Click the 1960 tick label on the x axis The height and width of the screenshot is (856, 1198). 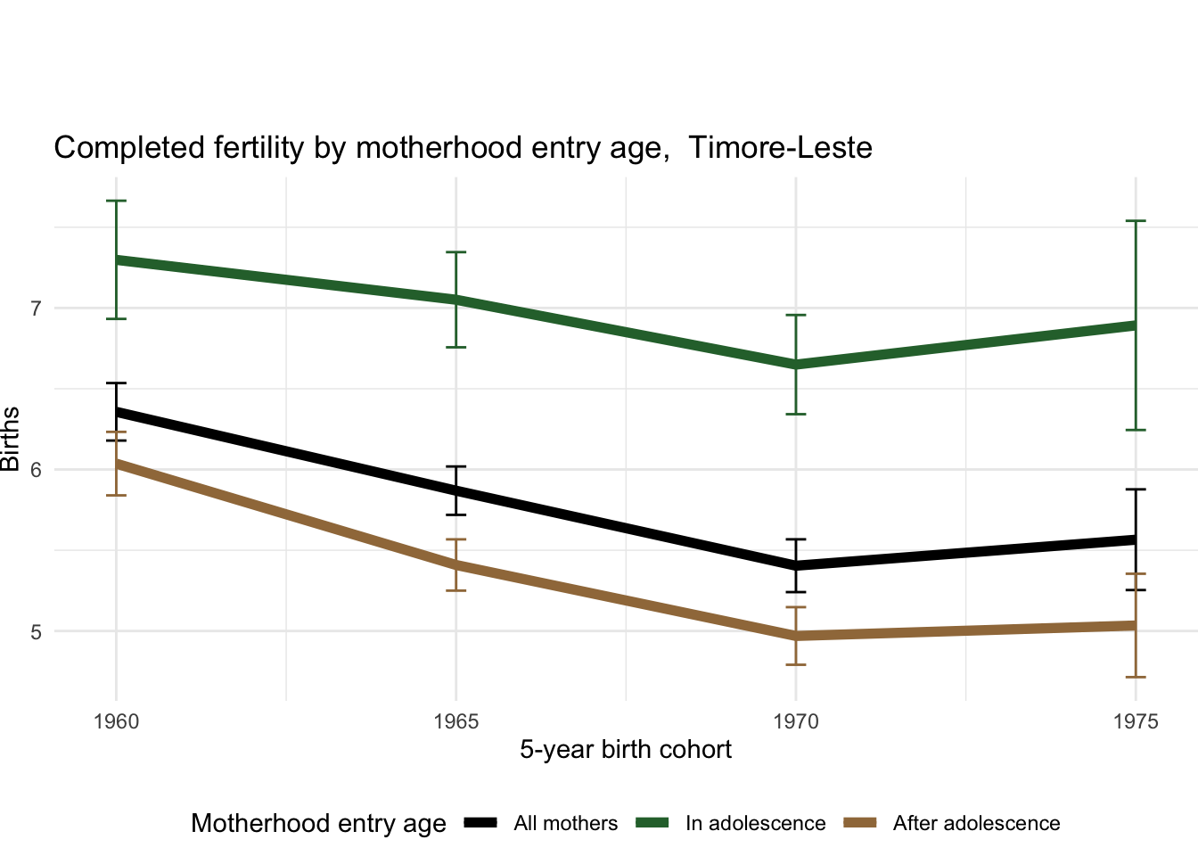point(116,721)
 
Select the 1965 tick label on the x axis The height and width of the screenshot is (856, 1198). point(455,721)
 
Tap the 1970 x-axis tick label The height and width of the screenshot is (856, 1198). point(796,721)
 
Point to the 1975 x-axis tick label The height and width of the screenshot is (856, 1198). point(1136,721)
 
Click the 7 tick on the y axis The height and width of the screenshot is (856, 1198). point(36,309)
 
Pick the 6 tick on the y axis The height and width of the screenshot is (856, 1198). point(36,470)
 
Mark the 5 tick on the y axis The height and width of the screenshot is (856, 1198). point(36,631)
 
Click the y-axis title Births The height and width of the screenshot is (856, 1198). point(11,439)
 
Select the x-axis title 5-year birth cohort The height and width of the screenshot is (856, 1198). point(626,750)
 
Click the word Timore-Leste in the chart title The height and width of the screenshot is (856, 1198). point(780,148)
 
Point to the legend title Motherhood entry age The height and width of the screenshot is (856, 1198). point(318,824)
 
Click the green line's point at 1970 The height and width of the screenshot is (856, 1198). point(796,365)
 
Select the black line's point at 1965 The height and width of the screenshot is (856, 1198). point(455,490)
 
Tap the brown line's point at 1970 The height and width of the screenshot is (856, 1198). point(796,636)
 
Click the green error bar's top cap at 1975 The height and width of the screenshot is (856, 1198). point(1136,221)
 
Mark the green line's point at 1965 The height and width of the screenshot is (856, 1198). point(455,300)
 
